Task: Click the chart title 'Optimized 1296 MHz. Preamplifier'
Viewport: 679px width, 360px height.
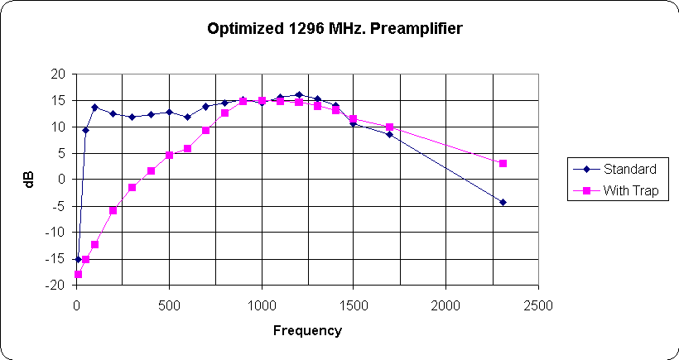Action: [334, 29]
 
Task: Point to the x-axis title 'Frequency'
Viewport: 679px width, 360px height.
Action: [307, 330]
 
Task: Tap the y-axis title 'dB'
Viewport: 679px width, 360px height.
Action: [30, 179]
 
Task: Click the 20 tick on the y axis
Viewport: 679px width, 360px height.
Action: [58, 74]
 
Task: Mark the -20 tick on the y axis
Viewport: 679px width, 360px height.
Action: [55, 285]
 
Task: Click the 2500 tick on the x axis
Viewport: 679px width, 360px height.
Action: [538, 305]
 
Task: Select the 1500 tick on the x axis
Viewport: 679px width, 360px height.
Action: [354, 305]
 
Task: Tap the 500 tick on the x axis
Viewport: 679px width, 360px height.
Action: [169, 305]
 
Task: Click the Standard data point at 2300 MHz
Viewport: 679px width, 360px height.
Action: [502, 202]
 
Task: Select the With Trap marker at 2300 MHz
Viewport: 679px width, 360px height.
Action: [502, 164]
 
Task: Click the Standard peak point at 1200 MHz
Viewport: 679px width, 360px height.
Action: [298, 95]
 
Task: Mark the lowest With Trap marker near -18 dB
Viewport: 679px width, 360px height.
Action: [79, 274]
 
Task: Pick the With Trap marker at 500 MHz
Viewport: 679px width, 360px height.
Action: [169, 155]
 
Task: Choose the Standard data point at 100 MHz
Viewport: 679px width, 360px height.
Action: [95, 107]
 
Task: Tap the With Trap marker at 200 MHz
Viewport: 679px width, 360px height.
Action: [113, 210]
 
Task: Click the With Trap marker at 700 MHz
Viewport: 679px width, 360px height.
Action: [205, 130]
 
